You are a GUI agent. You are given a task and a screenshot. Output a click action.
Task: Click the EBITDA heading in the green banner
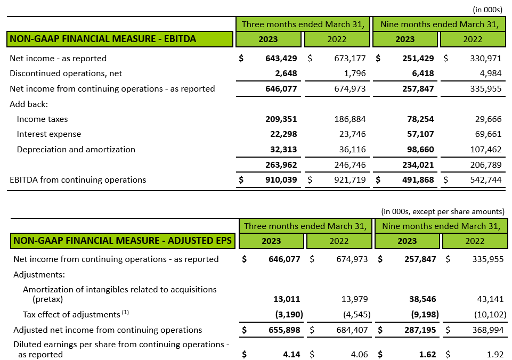pos(103,39)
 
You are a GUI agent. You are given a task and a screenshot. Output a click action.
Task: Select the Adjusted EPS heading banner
pos(123,241)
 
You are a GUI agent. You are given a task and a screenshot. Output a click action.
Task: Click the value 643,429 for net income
pos(281,59)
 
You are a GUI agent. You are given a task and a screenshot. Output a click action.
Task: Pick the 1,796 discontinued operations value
pos(355,73)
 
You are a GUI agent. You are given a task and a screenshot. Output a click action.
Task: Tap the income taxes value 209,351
pos(281,119)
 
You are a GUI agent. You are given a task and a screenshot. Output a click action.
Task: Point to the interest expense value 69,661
pos(488,134)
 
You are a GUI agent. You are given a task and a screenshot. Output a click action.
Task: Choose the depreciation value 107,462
pos(486,150)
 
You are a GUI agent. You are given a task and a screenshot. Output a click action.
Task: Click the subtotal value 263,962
pos(281,165)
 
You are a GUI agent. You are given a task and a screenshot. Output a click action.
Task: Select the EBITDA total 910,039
pos(281,180)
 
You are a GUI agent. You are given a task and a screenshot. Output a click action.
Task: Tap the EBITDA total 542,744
pos(486,180)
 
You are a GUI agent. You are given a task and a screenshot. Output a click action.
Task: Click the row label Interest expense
pos(49,134)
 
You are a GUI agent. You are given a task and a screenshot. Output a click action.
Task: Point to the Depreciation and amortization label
pos(76,150)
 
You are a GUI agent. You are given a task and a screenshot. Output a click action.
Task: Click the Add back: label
pos(29,104)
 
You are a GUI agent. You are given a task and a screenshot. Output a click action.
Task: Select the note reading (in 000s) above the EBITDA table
pos(487,10)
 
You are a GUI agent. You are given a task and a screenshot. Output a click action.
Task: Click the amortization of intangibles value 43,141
pos(491,299)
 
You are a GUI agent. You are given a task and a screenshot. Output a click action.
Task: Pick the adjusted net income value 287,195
pos(420,330)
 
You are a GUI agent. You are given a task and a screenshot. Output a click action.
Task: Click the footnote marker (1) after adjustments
pos(125,313)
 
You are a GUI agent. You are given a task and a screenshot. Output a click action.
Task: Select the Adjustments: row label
pos(39,274)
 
